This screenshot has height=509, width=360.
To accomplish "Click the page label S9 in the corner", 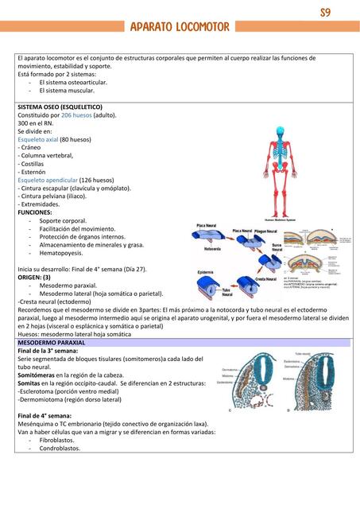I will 325,14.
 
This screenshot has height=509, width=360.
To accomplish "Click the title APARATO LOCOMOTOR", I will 180,28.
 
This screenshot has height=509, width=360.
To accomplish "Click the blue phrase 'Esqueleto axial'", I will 37,139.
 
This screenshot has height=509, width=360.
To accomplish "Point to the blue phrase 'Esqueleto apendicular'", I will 47,180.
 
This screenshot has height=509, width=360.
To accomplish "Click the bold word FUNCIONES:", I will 34,212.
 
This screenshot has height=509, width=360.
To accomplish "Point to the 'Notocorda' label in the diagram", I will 213,249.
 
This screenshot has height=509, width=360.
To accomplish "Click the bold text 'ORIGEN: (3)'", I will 35,277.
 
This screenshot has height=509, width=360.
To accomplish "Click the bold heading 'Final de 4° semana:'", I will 46,415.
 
